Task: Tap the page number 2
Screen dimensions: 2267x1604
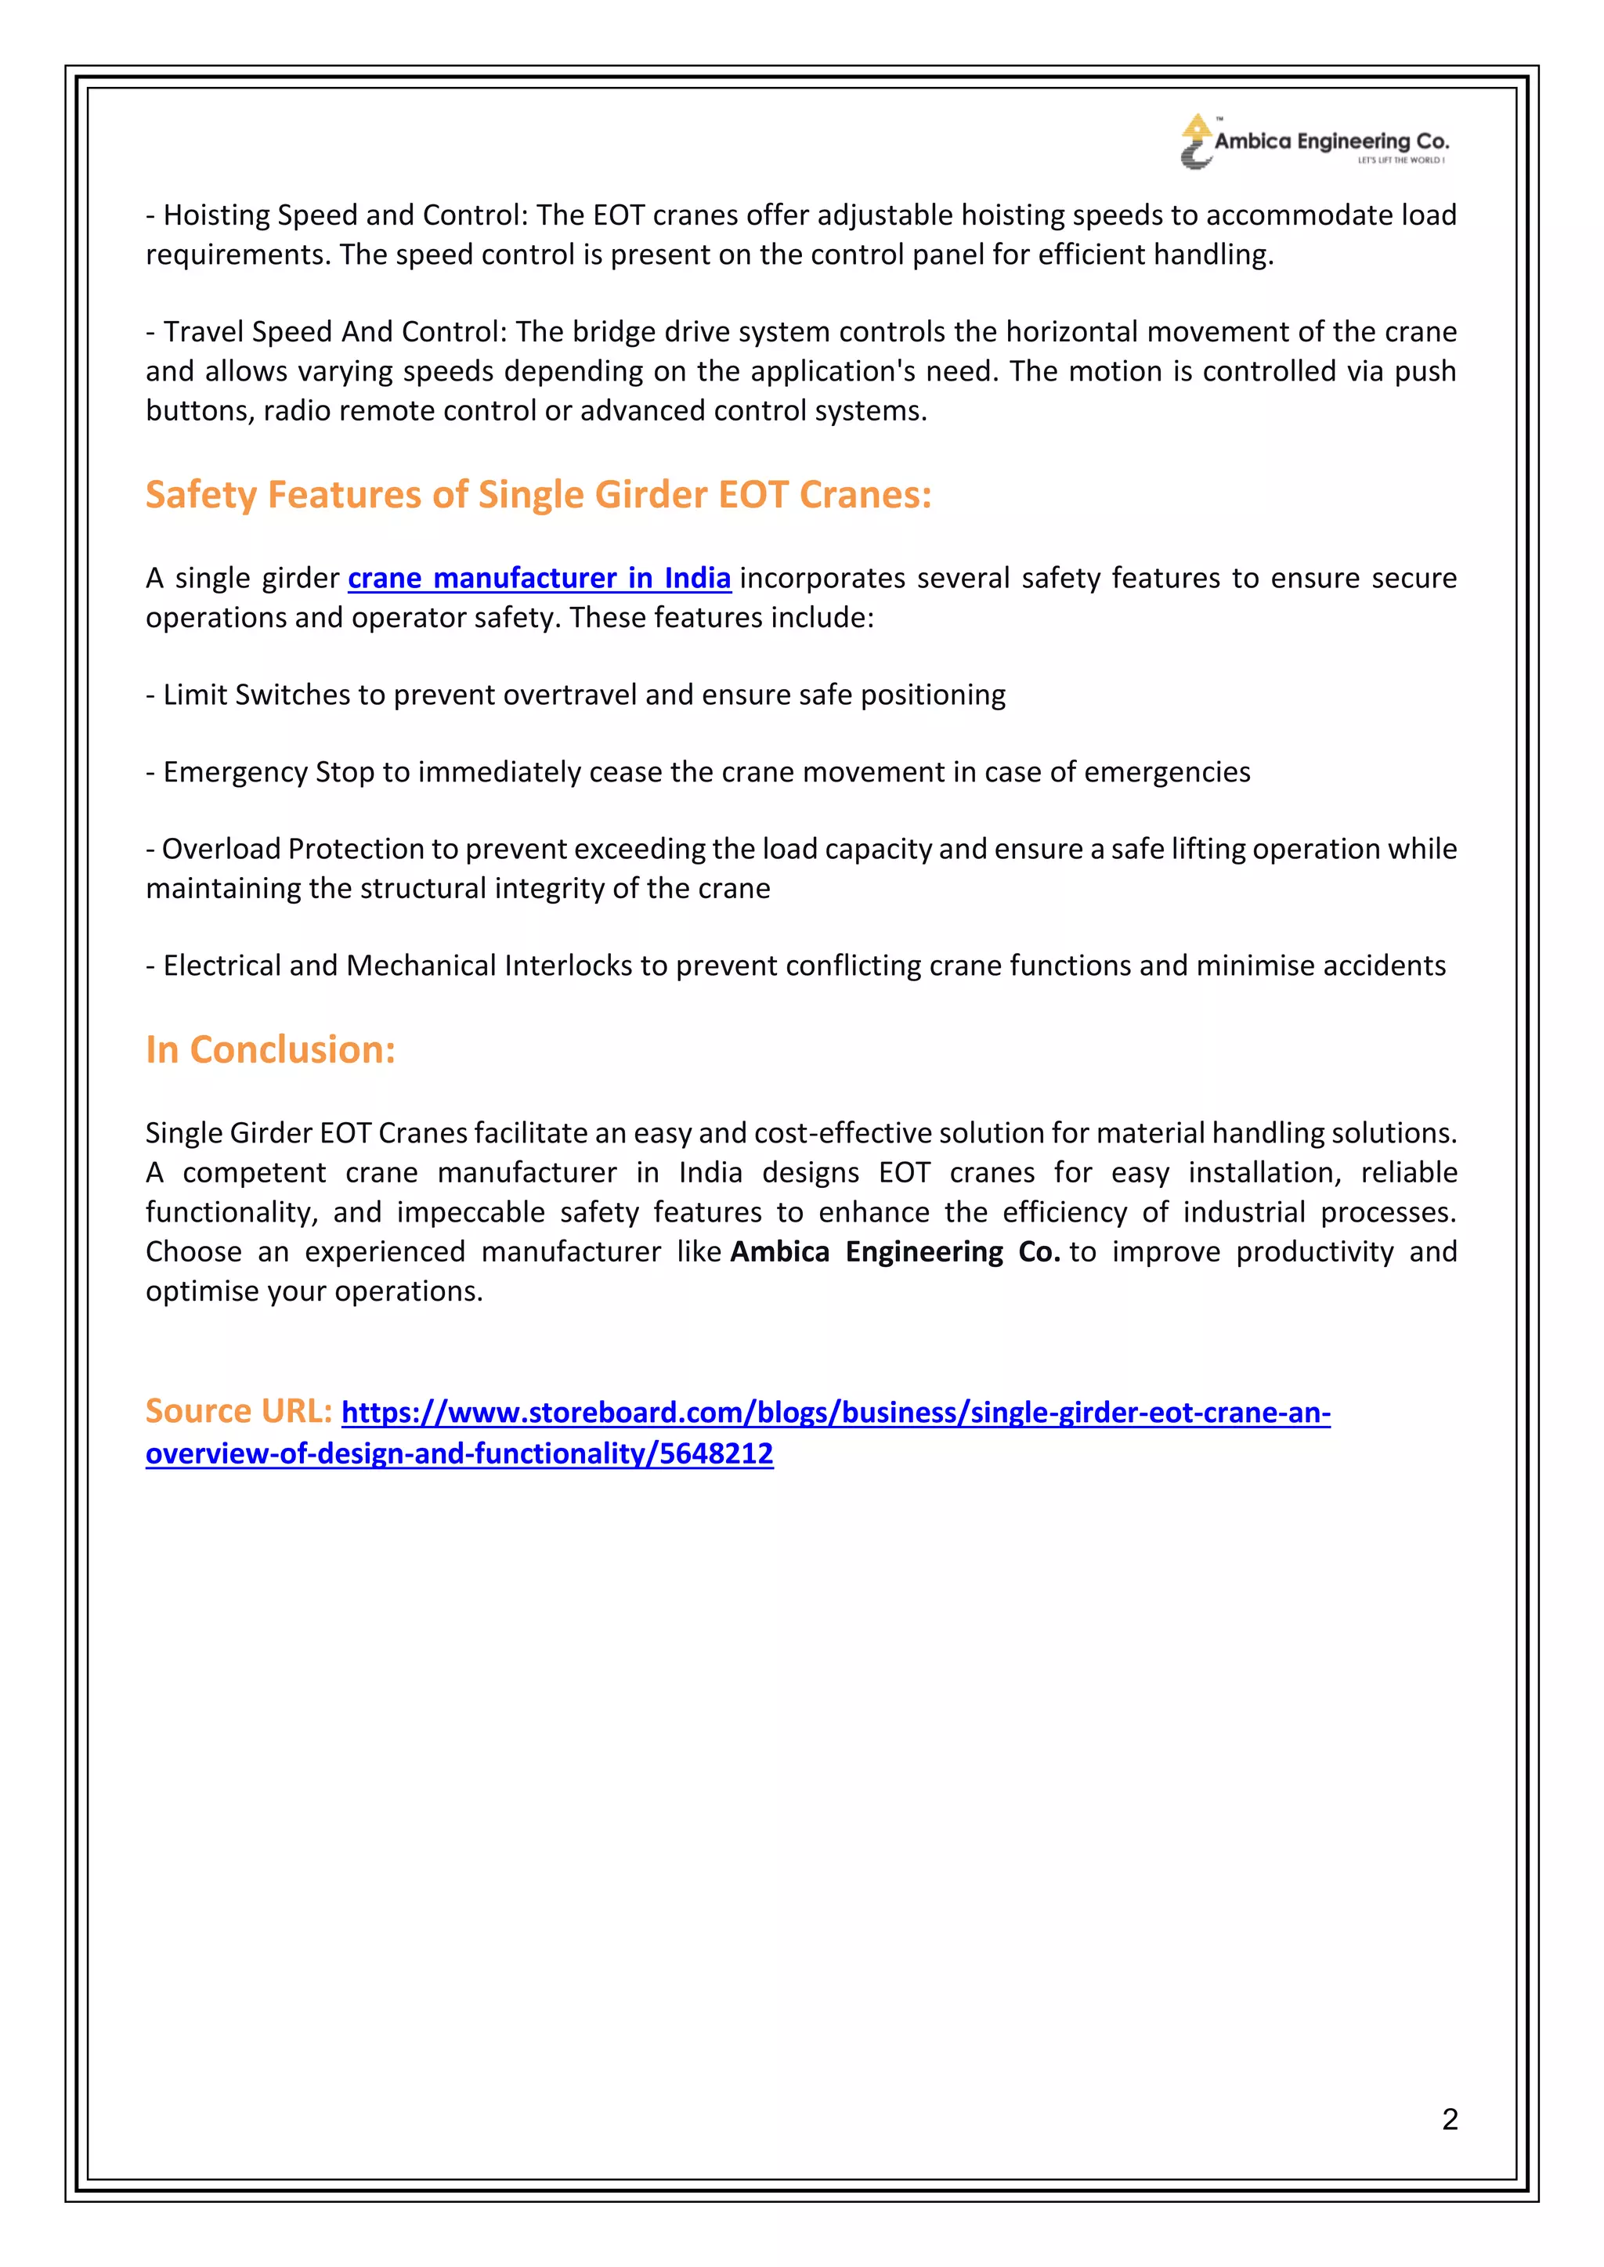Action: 1449,2119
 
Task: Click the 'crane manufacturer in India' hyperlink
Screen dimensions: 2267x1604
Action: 540,578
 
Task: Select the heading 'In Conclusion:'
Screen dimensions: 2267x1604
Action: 271,1049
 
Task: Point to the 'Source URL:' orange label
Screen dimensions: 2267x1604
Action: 239,1411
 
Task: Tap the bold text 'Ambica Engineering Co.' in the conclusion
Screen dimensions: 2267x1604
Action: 895,1252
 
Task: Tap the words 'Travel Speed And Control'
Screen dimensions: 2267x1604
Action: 334,332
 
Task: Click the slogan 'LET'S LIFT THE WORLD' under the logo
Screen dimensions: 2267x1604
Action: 1400,160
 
